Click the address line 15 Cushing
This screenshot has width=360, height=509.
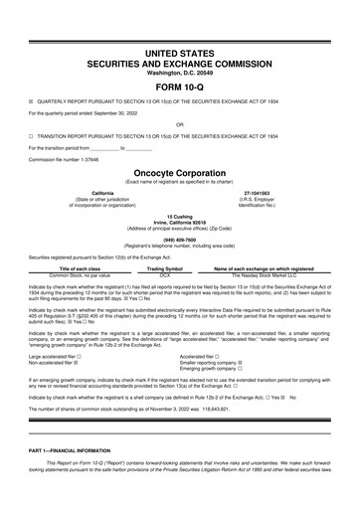tap(179, 214)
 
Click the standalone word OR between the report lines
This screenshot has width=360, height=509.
tap(179, 125)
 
